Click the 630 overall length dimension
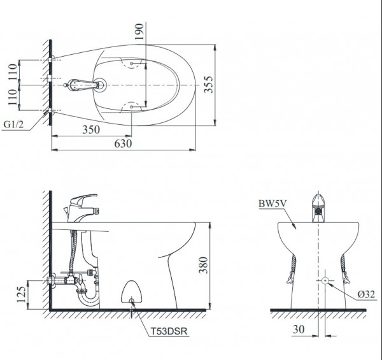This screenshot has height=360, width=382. pyautogui.click(x=123, y=144)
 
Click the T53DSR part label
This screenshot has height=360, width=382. pyautogui.click(x=171, y=331)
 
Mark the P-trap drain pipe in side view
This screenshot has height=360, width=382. pyautogui.click(x=88, y=298)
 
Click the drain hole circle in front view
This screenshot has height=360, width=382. pyautogui.click(x=325, y=280)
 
